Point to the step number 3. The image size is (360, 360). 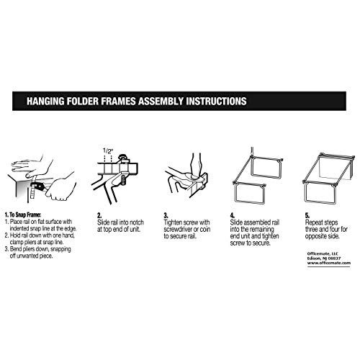click(x=166, y=214)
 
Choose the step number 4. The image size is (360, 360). click(x=231, y=214)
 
